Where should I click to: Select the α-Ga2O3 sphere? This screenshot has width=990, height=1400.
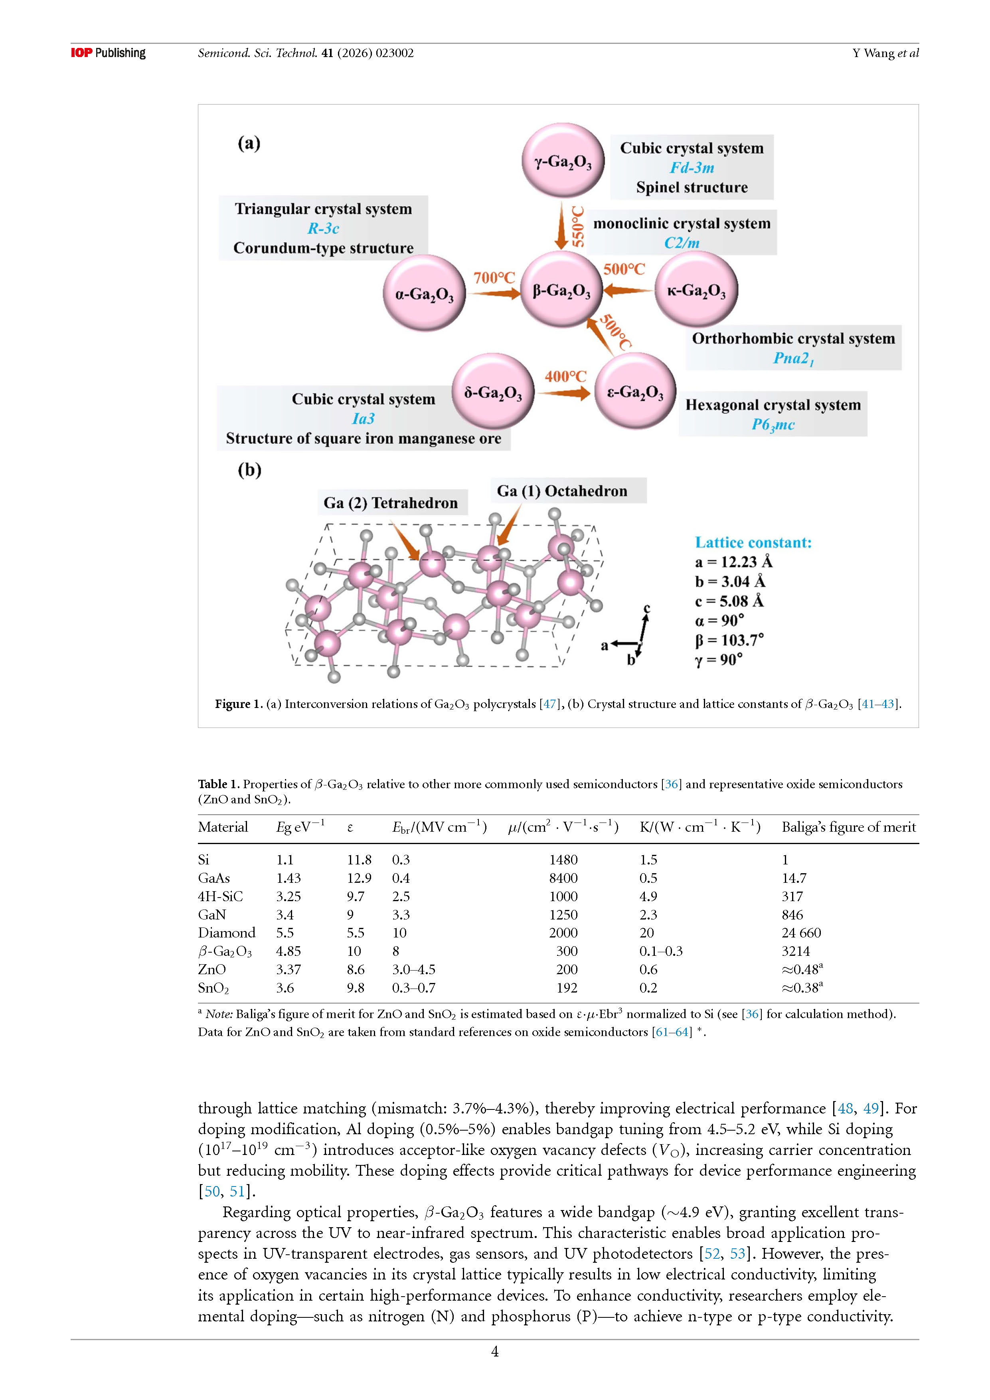coord(424,293)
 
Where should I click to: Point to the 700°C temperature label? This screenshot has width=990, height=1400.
coord(494,278)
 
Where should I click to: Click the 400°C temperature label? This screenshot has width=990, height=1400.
coord(565,376)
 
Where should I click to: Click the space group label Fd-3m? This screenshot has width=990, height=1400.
coord(692,168)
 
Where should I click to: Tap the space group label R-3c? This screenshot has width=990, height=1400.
coord(323,229)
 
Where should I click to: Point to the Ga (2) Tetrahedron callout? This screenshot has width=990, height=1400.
coord(391,503)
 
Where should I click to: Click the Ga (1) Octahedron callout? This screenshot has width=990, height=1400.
coord(561,491)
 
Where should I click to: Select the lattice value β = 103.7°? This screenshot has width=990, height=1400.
coord(729,640)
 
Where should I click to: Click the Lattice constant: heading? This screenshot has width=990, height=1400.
coord(753,543)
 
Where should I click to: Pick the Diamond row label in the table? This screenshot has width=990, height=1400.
coord(227,933)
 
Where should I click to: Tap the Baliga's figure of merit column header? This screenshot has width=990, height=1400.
coord(849,827)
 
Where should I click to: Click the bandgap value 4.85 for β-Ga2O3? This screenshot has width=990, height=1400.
coord(289,951)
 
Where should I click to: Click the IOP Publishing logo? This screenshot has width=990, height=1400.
coord(109,53)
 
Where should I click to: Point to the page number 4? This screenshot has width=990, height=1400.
coord(495,1352)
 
